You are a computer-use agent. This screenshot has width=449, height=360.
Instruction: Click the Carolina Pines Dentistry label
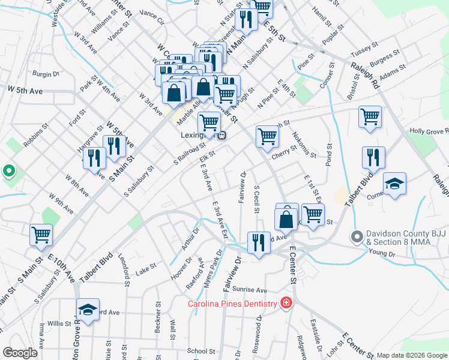coord(232,303)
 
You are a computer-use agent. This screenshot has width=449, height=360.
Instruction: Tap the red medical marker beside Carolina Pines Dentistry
coord(286,302)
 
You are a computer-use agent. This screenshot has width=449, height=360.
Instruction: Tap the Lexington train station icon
coord(222,136)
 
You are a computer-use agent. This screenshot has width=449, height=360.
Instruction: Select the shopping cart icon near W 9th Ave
coord(41,235)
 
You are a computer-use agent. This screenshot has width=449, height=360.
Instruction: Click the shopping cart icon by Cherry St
coord(267,136)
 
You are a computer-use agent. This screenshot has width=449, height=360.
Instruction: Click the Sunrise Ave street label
coord(250,289)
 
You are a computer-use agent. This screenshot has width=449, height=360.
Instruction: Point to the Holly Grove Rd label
coord(429,130)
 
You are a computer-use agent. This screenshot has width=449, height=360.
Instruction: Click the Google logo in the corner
coord(20,353)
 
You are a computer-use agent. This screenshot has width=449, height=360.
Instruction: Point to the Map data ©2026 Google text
coord(411,355)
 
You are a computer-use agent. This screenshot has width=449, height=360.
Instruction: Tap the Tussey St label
coord(364,46)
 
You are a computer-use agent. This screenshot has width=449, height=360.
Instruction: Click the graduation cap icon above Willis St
coord(88,311)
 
